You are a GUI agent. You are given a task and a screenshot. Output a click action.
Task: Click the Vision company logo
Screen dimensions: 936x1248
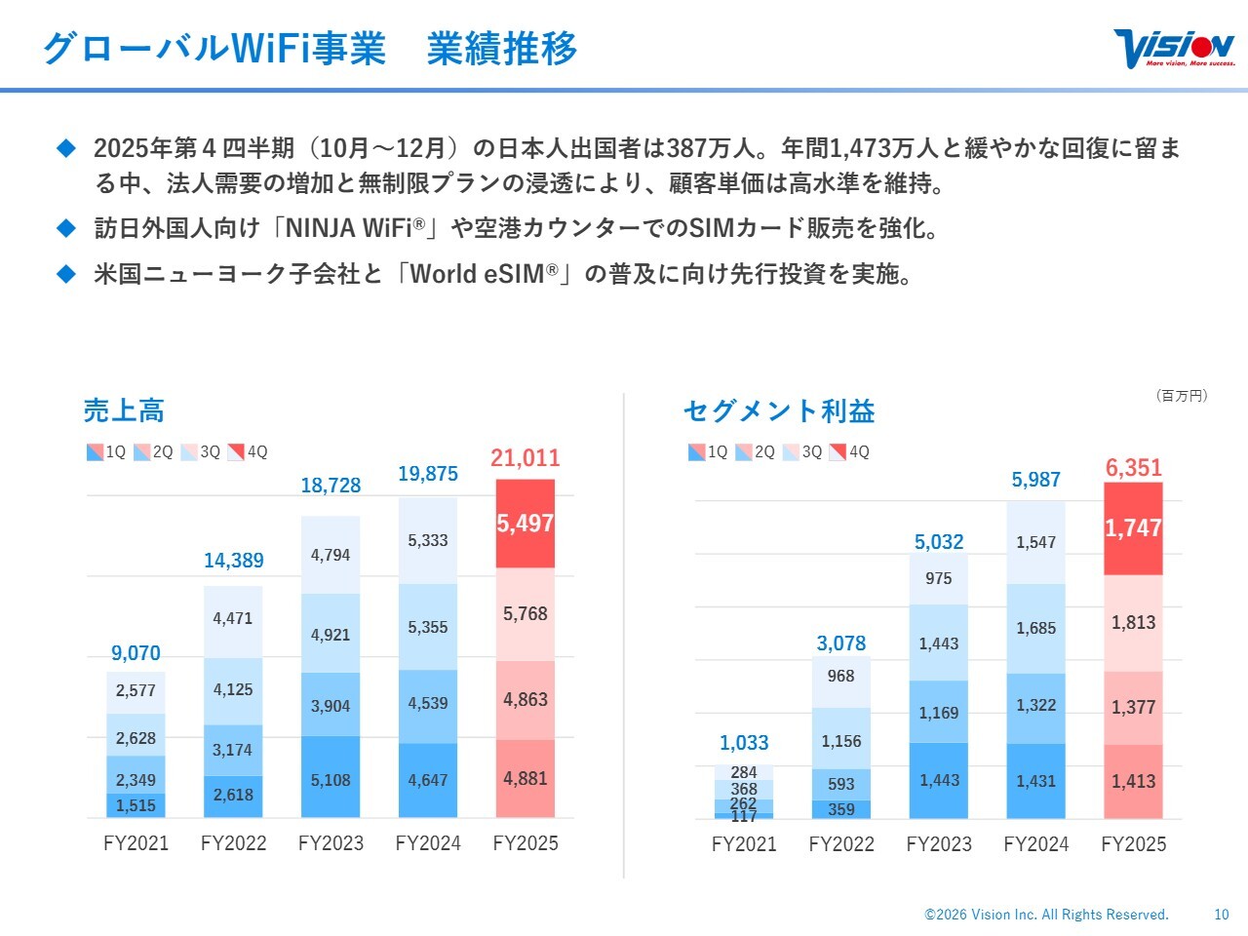coord(1174,48)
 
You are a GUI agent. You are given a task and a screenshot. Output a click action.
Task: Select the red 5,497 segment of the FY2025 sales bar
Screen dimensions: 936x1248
coord(526,524)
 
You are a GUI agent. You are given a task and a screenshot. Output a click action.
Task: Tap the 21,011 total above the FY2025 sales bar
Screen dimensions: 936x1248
coord(526,457)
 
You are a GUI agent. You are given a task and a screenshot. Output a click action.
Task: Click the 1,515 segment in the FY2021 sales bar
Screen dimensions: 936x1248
coord(136,805)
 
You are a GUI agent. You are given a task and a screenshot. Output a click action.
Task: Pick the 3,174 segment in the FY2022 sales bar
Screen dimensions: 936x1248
coord(233,750)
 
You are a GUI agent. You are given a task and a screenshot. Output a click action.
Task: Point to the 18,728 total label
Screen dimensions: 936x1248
coord(331,486)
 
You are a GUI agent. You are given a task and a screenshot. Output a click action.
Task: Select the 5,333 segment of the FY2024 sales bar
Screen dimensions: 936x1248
coord(428,540)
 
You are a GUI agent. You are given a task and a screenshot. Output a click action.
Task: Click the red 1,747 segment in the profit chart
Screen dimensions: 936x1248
coord(1133,528)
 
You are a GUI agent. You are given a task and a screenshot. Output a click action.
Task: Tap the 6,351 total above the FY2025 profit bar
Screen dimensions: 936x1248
coord(1134,468)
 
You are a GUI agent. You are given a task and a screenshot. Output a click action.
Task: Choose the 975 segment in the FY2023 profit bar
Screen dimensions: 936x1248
coord(939,578)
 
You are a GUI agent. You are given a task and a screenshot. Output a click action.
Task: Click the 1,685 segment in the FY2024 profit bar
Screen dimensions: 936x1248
coord(1036,628)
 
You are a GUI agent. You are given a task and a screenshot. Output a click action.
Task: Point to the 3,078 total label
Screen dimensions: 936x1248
coord(841,643)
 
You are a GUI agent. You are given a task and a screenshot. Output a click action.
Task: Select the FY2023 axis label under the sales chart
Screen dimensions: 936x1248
coord(331,843)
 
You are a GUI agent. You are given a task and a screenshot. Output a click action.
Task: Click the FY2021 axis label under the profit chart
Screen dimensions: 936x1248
coord(744,844)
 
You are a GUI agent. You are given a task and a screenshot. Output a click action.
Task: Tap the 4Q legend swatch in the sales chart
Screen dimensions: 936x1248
coord(236,452)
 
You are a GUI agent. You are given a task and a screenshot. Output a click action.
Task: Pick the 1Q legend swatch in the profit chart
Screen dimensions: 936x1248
coord(696,452)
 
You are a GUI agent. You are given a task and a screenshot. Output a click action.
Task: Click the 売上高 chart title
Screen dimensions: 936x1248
coord(124,410)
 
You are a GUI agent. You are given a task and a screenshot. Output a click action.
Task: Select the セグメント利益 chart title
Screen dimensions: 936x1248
coord(779,410)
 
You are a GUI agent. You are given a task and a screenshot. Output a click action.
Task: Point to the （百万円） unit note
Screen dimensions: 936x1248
coord(1182,396)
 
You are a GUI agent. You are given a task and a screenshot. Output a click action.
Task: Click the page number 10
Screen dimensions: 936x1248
coord(1222,915)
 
